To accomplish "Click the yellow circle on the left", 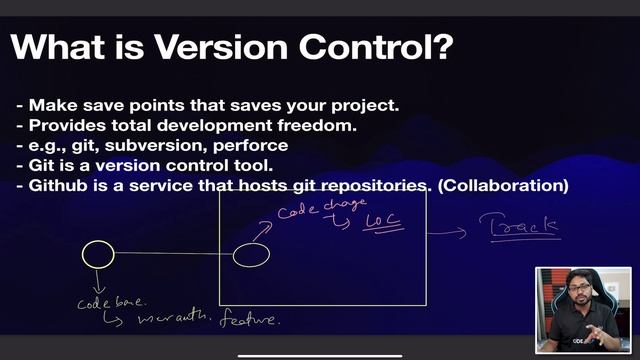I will (97, 255).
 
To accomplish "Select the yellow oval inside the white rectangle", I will (251, 256).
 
